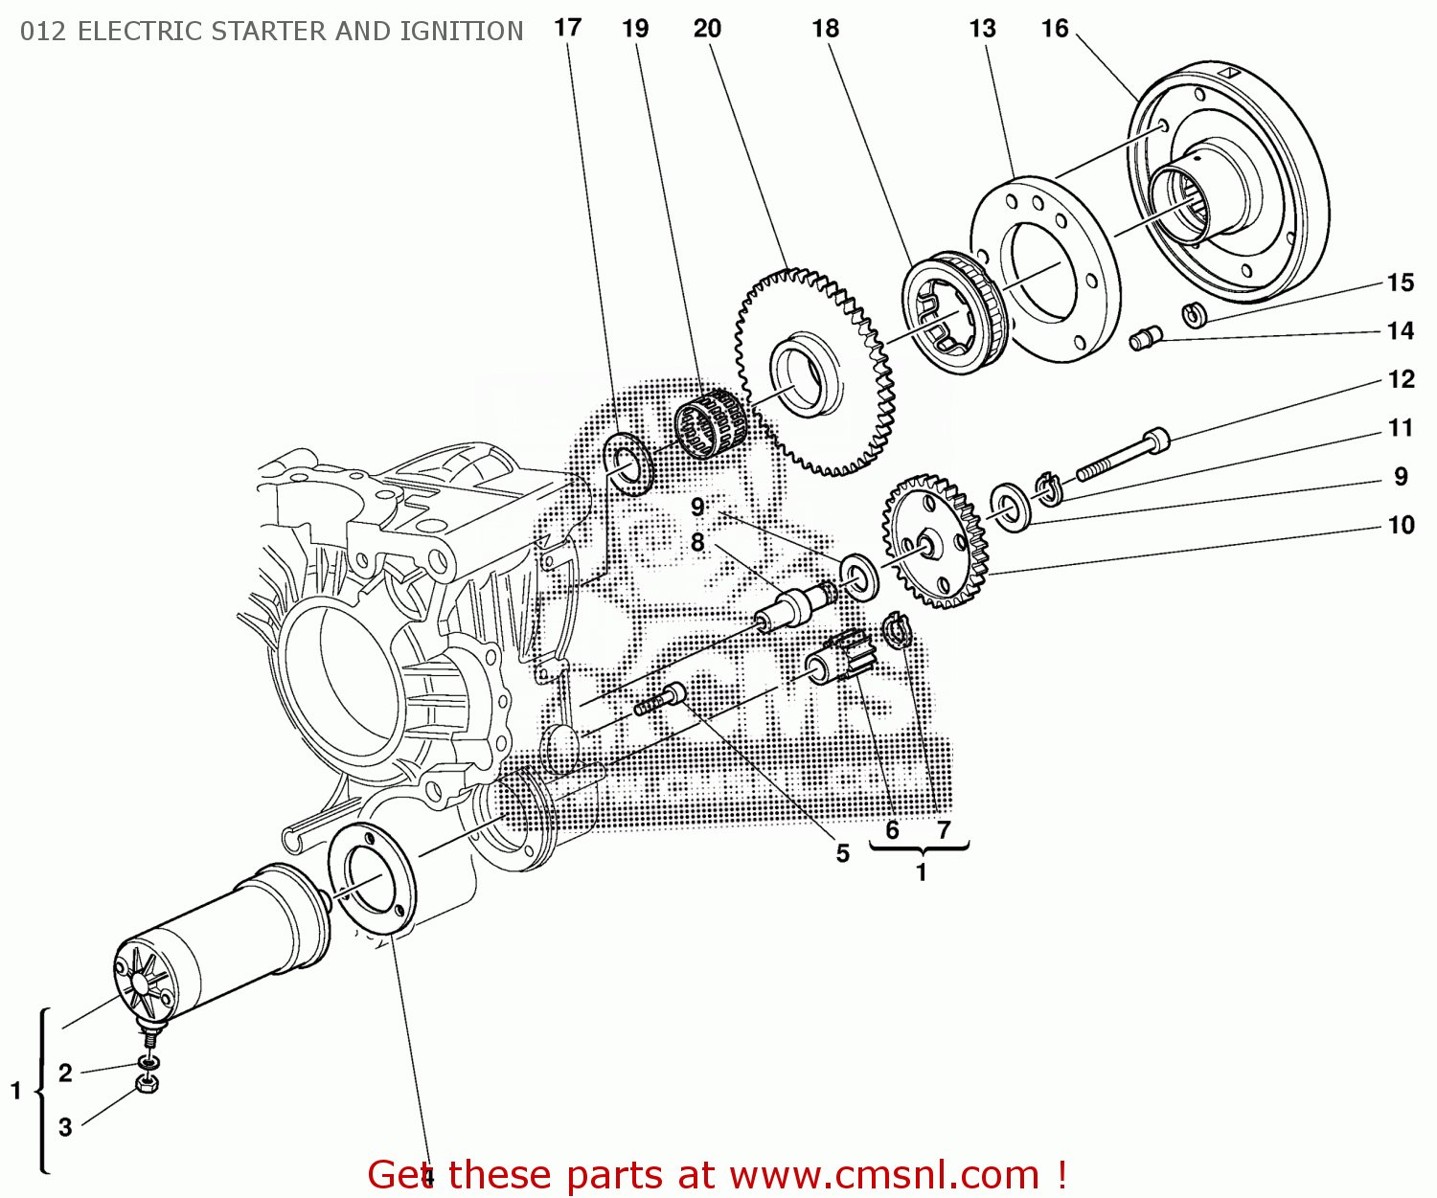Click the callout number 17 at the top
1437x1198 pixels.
tap(568, 28)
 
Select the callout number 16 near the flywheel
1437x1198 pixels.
tap(1055, 29)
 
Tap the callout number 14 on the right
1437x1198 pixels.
tap(1400, 331)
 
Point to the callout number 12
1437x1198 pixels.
tap(1401, 380)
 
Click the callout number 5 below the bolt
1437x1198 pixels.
tap(842, 853)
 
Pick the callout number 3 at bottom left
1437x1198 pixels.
tap(65, 1127)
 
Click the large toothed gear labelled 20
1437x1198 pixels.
tap(814, 373)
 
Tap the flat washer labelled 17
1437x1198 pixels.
tap(628, 464)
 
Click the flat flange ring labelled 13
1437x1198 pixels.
tap(1044, 268)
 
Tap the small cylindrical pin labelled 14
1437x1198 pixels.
tap(1145, 337)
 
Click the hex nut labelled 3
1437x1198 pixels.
tap(147, 1084)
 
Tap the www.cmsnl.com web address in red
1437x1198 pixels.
tap(884, 1175)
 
